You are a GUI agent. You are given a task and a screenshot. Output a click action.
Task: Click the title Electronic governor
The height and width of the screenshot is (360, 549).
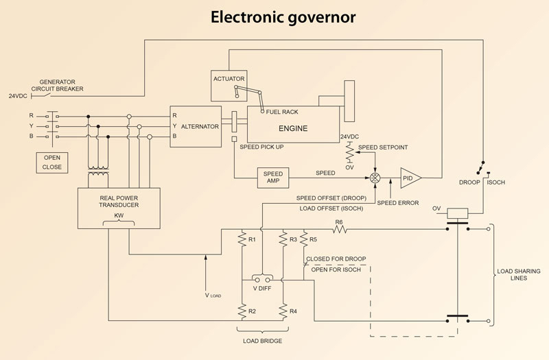274,17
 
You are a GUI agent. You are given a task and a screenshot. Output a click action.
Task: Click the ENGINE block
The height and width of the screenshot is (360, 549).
293,128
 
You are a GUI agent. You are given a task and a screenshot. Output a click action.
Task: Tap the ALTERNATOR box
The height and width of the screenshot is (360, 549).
196,126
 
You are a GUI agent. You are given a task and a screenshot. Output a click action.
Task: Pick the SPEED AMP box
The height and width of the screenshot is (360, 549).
273,178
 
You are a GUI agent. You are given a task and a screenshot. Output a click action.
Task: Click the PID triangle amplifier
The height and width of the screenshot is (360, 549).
411,178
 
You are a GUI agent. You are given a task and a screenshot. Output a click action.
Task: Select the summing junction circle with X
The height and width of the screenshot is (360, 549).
375,178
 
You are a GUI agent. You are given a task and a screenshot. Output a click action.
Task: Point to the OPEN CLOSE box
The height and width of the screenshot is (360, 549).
52,162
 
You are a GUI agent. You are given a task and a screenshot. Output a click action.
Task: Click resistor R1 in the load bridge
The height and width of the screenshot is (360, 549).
242,239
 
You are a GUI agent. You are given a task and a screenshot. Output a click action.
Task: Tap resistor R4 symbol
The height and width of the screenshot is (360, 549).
283,311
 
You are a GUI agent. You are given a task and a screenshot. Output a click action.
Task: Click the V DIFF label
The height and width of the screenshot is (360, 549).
263,288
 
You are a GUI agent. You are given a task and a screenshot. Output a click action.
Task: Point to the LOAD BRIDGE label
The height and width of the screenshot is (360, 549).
263,340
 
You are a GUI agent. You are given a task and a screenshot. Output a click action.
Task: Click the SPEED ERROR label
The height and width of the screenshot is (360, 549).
398,203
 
